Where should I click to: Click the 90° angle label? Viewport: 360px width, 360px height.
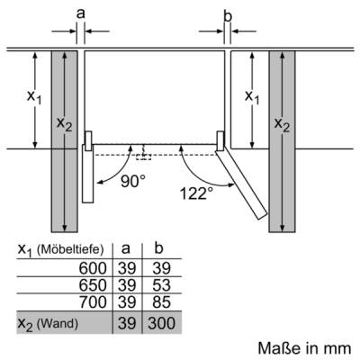pyautogui.click(x=133, y=181)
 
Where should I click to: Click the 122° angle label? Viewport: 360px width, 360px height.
pyautogui.click(x=196, y=193)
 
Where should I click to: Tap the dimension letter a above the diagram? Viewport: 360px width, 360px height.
pyautogui.click(x=81, y=13)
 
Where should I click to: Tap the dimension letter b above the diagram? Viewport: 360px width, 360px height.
pyautogui.click(x=228, y=16)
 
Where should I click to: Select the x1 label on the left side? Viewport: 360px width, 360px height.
pyautogui.click(x=34, y=97)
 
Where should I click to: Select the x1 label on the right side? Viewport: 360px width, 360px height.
pyautogui.click(x=252, y=97)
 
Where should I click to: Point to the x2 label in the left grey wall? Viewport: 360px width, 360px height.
pyautogui.click(x=65, y=124)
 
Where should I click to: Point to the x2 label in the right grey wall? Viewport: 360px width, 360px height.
pyautogui.click(x=282, y=124)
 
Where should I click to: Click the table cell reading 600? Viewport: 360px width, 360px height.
pyautogui.click(x=93, y=268)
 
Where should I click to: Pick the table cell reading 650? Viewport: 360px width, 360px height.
pyautogui.click(x=93, y=285)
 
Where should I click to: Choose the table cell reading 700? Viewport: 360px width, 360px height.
pyautogui.click(x=93, y=301)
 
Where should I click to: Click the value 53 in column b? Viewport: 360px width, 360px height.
pyautogui.click(x=161, y=285)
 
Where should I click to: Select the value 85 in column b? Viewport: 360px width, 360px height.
pyautogui.click(x=161, y=301)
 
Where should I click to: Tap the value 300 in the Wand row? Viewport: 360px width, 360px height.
pyautogui.click(x=161, y=323)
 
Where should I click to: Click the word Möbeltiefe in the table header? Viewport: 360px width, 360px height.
pyautogui.click(x=70, y=249)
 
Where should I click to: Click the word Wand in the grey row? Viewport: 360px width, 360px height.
pyautogui.click(x=58, y=323)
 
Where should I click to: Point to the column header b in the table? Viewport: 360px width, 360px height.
pyautogui.click(x=158, y=248)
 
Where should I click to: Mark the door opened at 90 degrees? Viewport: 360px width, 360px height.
pyautogui.click(x=88, y=174)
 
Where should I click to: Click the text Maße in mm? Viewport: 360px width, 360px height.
pyautogui.click(x=304, y=348)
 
